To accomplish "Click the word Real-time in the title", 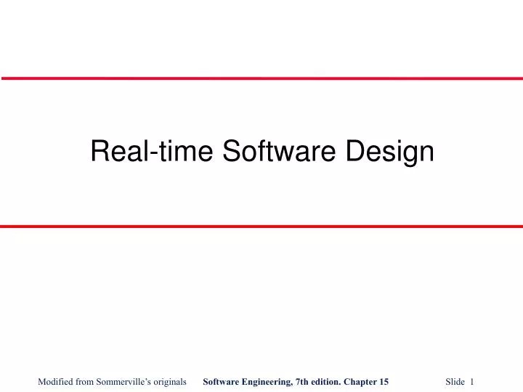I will [151, 151].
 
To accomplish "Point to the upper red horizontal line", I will [261, 78].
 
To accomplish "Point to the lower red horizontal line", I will [261, 226].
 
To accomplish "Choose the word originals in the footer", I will [168, 381].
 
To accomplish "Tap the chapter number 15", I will [384, 381].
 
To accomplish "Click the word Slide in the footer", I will [455, 381].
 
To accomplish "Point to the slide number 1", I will [472, 381].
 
